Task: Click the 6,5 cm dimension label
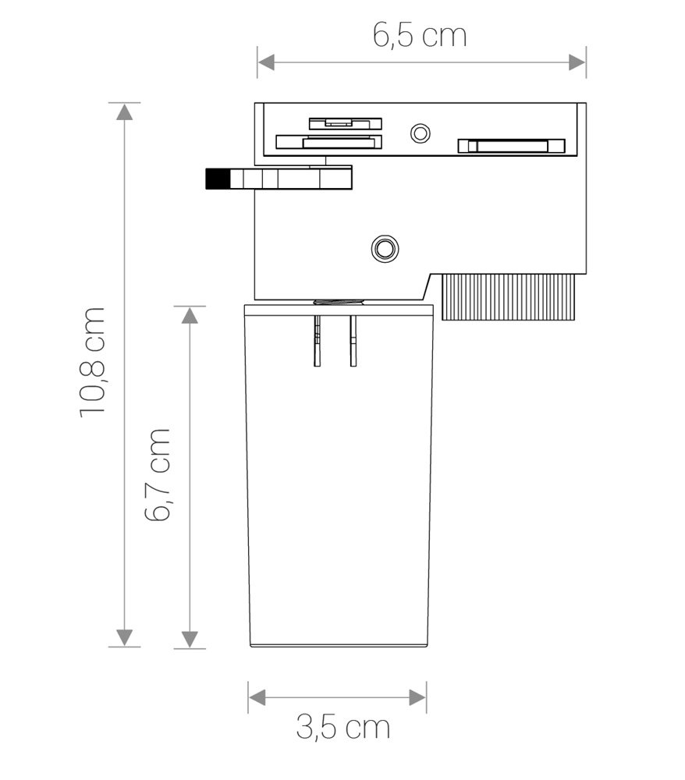point(420,36)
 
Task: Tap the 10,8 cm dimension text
point(93,362)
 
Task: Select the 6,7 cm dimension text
point(158,474)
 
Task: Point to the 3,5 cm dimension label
point(343,727)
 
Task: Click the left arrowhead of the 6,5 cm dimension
point(266,62)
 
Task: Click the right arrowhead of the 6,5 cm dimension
point(577,62)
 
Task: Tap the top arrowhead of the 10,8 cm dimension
point(124,112)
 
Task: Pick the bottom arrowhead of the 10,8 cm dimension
point(124,638)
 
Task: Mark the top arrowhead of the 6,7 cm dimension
point(190,315)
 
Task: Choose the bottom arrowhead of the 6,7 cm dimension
point(190,640)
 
